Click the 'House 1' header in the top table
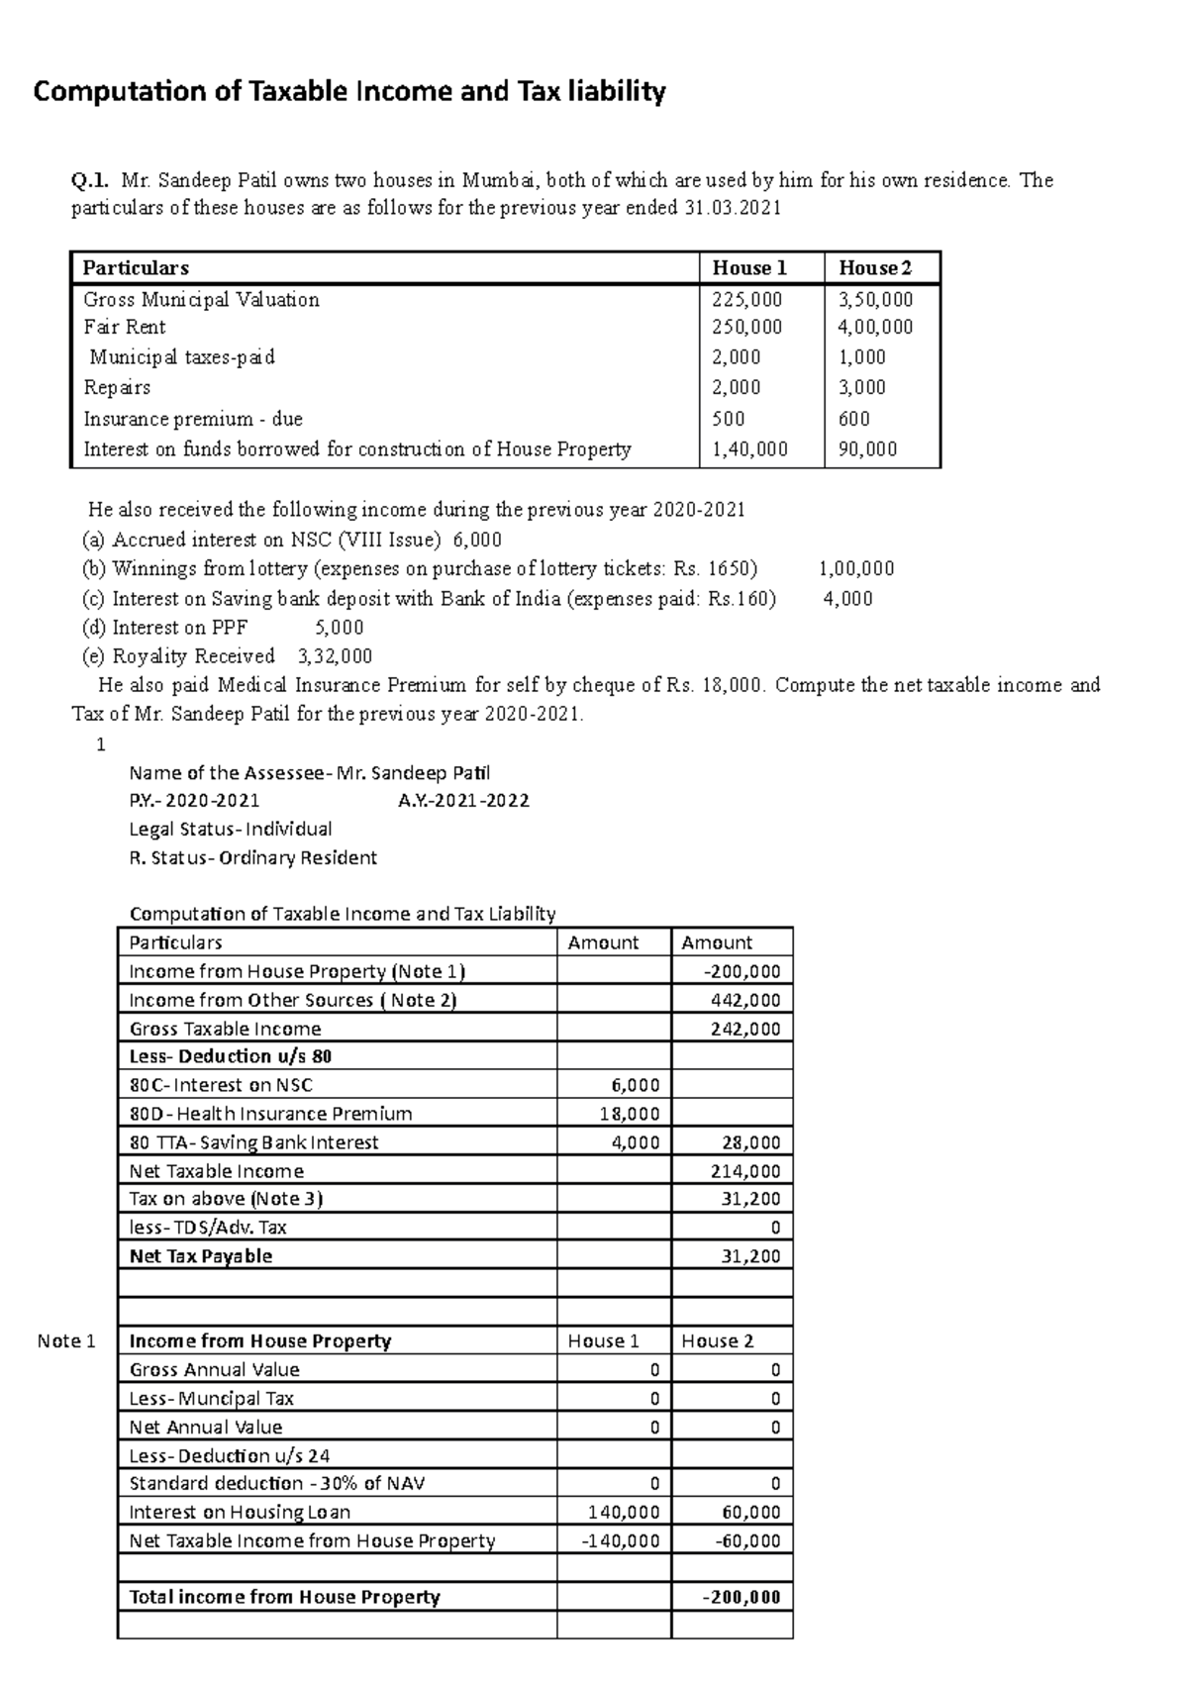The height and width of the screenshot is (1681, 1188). coord(749,268)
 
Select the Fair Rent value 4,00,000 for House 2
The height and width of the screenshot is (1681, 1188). coord(875,328)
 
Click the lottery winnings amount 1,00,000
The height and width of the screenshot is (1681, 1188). coord(856,569)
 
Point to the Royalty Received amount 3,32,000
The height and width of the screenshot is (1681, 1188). coord(335,656)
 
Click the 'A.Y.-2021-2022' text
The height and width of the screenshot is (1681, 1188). coord(463,801)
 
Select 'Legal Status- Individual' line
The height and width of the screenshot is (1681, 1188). coord(230,830)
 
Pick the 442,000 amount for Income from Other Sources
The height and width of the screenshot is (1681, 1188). coord(744,1001)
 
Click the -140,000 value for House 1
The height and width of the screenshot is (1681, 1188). coord(622,1541)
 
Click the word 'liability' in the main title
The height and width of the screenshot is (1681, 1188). coord(615,92)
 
